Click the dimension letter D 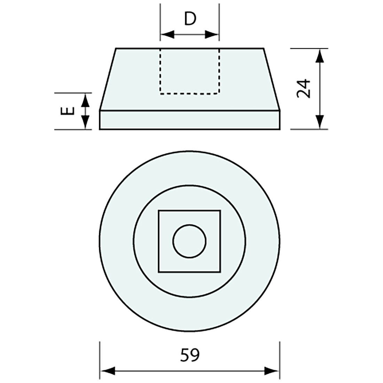(x=190, y=19)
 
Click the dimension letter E (x=69, y=111)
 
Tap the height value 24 (x=303, y=89)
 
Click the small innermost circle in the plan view (x=190, y=241)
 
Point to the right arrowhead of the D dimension (x=213, y=34)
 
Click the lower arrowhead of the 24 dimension (x=320, y=123)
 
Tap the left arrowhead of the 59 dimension (x=107, y=371)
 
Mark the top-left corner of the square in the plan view (x=159, y=210)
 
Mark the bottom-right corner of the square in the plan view (x=220, y=272)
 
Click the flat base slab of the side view (x=190, y=120)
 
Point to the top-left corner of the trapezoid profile (x=116, y=48)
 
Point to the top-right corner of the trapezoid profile (x=264, y=48)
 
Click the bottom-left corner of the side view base (x=100, y=129)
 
